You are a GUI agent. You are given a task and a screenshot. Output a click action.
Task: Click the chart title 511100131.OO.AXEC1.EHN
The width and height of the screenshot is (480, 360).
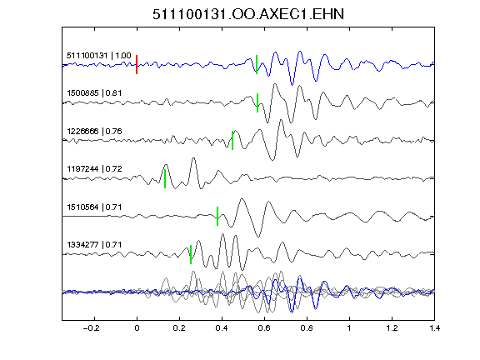point(248,14)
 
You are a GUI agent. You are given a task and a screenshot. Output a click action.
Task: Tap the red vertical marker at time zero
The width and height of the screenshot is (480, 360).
point(137,65)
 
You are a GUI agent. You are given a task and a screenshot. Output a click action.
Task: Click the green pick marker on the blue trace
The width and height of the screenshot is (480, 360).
point(257,65)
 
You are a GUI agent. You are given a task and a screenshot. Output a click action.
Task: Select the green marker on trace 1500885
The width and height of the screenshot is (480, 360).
point(257,102)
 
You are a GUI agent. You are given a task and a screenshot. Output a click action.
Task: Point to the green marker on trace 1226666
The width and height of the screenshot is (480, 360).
point(232,141)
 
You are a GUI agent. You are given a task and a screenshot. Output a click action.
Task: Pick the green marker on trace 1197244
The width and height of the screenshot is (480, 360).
point(165,178)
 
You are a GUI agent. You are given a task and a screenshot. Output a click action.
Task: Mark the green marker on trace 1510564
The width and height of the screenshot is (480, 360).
point(217,217)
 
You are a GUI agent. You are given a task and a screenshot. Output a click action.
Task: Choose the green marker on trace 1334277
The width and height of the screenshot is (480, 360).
point(191,254)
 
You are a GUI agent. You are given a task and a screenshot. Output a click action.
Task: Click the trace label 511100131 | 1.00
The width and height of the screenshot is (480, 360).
point(99,56)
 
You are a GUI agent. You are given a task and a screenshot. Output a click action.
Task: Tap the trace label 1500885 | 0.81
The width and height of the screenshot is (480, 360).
point(94,93)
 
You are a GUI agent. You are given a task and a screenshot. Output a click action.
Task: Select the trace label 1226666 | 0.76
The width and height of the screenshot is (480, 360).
point(94,132)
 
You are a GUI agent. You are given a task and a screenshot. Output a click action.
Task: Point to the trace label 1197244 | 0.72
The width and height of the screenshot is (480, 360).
point(94,169)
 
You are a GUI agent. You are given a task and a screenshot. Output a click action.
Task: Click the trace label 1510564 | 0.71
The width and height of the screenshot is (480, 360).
point(94,207)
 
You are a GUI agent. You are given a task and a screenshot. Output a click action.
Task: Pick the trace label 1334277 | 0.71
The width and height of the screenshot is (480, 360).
point(94,245)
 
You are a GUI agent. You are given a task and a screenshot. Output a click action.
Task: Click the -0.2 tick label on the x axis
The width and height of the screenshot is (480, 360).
point(91,328)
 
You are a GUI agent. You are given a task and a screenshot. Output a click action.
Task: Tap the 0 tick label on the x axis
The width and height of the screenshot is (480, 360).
point(137,328)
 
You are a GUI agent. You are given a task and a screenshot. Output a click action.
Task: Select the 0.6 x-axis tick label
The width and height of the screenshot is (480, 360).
point(264,328)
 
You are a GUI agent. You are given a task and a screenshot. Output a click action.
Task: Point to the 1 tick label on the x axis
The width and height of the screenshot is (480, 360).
point(349,328)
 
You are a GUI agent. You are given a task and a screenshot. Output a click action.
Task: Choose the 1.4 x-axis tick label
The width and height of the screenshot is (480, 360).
point(435,328)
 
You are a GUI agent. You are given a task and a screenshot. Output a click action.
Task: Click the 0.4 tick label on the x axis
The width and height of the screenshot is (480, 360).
point(222,328)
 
